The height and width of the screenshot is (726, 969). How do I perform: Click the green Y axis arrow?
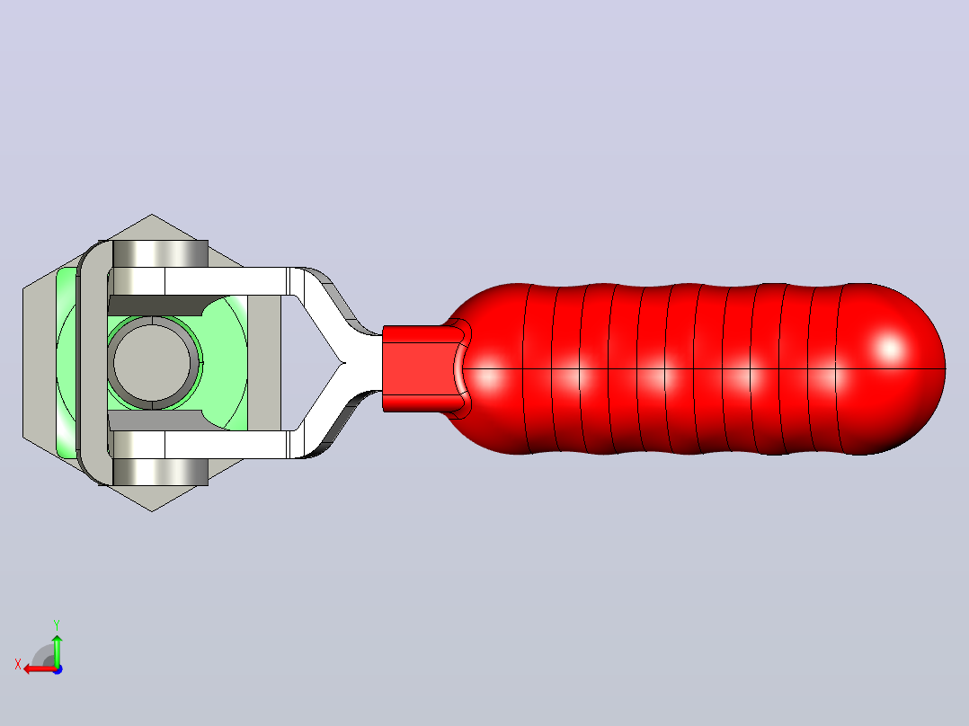coord(57,649)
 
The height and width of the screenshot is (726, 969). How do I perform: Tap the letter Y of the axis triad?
coord(57,624)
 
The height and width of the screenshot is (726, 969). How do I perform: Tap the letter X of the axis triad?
coord(18,665)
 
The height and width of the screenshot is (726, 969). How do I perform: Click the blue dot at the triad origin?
coord(58,669)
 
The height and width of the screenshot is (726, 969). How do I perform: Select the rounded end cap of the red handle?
coord(891,369)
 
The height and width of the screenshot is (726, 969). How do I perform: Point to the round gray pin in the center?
coord(152,363)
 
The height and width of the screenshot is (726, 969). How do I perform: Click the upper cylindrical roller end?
coord(160,253)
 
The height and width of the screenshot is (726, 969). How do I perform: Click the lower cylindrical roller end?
coord(160,472)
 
